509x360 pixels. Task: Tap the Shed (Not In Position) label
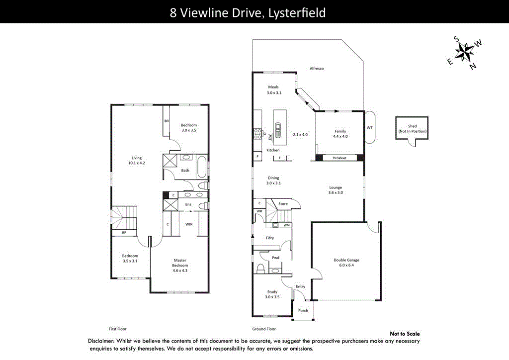coord(412,129)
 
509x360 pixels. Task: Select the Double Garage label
coord(346,263)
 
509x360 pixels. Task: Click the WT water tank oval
coord(369,127)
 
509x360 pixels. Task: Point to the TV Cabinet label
coord(339,158)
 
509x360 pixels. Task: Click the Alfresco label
coord(317,69)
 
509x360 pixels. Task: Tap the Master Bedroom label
coord(180,266)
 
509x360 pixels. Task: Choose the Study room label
coord(272,294)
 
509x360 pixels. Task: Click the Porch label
coord(303,311)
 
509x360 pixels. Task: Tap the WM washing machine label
coord(286,225)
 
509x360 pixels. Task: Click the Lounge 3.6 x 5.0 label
coord(336,190)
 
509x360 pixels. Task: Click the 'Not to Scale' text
coord(405,334)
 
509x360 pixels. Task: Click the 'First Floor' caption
coord(119,329)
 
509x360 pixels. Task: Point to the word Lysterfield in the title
coord(297,12)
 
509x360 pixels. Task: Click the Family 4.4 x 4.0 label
coord(340,134)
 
